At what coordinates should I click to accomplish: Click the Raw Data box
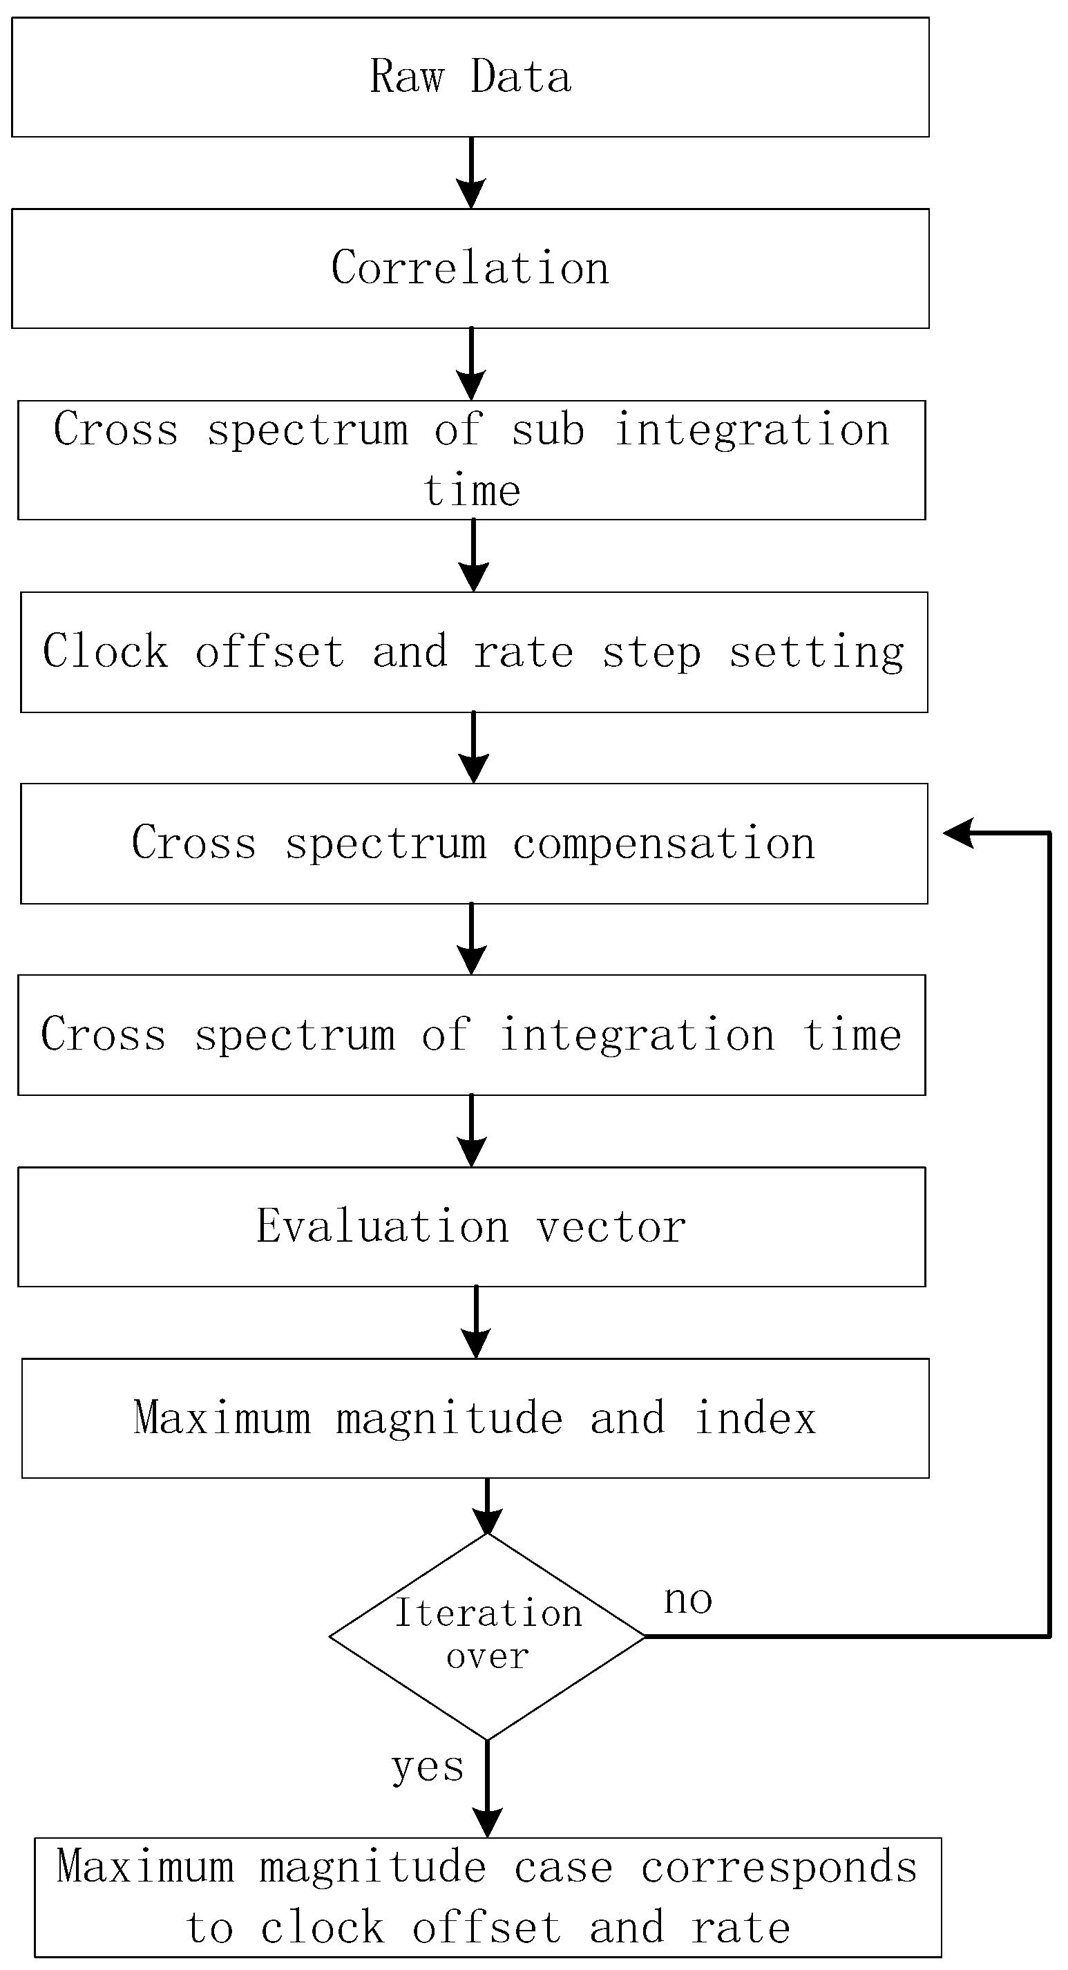(x=470, y=77)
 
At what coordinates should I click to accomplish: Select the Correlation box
(x=470, y=268)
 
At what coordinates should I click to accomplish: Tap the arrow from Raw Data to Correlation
(x=471, y=173)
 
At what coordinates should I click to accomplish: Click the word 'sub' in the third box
(x=547, y=430)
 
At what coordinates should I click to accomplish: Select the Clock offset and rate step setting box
(x=474, y=652)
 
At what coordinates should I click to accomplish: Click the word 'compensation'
(x=664, y=844)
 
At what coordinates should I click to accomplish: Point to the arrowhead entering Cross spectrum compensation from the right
(x=959, y=833)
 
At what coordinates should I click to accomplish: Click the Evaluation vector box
(x=472, y=1226)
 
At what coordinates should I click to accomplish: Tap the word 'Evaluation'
(x=382, y=1226)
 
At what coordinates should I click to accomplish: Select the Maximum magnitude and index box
(x=475, y=1418)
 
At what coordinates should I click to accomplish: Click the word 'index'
(x=755, y=1418)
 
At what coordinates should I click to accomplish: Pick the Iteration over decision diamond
(x=487, y=1636)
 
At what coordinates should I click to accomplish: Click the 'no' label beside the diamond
(x=688, y=1600)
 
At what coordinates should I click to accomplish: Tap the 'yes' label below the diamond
(x=428, y=1768)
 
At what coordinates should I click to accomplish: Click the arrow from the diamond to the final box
(x=487, y=1790)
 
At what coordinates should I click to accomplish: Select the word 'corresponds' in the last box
(x=779, y=1867)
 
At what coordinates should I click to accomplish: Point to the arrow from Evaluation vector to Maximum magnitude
(x=476, y=1321)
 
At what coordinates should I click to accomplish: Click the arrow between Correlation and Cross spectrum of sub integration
(x=471, y=364)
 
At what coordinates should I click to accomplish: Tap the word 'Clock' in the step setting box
(x=105, y=652)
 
